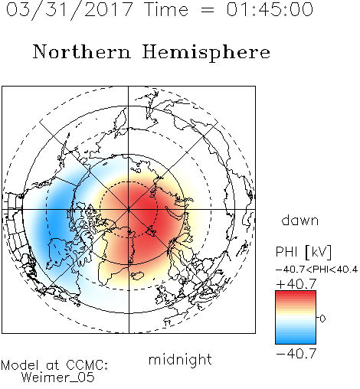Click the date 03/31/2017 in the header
coord(69,10)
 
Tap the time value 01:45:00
coord(270,9)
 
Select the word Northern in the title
coord(82,51)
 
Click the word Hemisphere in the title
coord(206,53)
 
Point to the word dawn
coord(300,220)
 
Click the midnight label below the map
coord(180,360)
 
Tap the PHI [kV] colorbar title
coord(303,252)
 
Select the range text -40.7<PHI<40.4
coord(316,270)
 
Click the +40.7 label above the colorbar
coord(296,284)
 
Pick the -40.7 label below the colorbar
coord(296,354)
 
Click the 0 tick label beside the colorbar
coord(322,319)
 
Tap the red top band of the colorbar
coord(296,295)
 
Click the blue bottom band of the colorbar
coord(296,340)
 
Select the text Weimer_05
coord(58,378)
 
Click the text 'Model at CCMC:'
coord(54,365)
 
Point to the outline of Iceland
coord(137,276)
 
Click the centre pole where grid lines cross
coord(129,210)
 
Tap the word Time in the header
coord(166,9)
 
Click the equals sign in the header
coord(208,10)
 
